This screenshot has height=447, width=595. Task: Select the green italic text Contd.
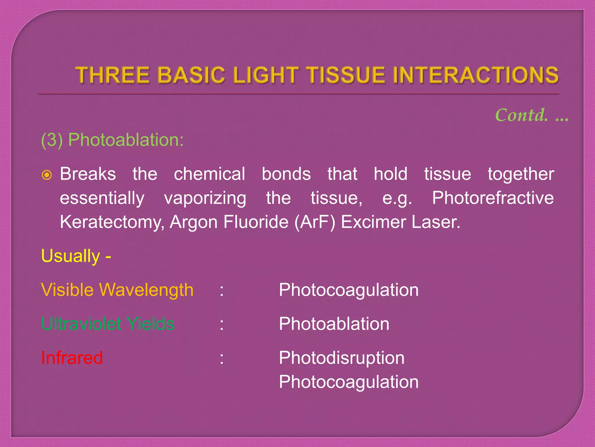click(x=521, y=115)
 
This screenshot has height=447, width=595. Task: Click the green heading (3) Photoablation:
click(x=112, y=140)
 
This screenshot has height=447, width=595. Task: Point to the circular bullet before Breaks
click(x=47, y=175)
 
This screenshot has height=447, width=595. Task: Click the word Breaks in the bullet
click(x=88, y=174)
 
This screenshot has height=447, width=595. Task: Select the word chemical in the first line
click(x=209, y=174)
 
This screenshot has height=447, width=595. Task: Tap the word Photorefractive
click(x=493, y=198)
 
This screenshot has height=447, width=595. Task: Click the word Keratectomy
click(x=112, y=222)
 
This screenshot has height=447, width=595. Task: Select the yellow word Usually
click(x=71, y=256)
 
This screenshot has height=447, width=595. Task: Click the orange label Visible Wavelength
click(x=117, y=290)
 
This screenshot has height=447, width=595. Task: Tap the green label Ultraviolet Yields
click(x=108, y=324)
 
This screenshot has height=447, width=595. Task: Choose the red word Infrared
click(x=72, y=358)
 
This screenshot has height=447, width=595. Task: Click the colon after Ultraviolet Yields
click(x=222, y=324)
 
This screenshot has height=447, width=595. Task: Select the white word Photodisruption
click(x=341, y=358)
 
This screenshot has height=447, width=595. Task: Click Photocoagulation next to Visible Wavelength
click(x=348, y=290)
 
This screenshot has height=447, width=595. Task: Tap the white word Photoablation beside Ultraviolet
click(x=334, y=324)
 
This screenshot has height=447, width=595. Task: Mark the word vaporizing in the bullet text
click(x=205, y=198)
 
